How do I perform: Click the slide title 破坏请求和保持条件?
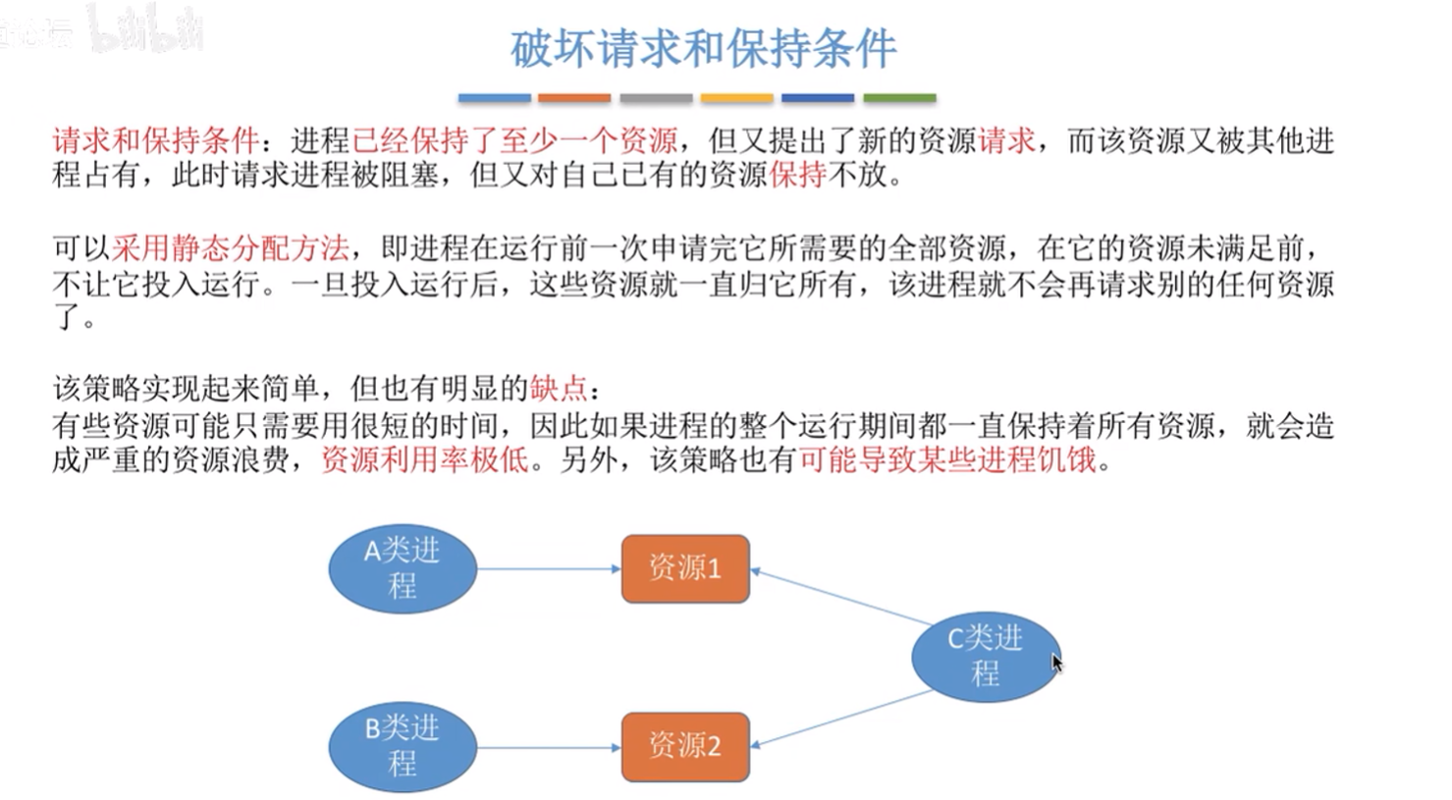[x=703, y=49]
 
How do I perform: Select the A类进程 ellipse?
[x=403, y=568]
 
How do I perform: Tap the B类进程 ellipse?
[x=403, y=747]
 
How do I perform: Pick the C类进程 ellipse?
[x=986, y=657]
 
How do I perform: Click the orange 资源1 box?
[x=685, y=568]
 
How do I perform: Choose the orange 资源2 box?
[x=685, y=747]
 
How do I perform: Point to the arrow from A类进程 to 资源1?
[x=549, y=569]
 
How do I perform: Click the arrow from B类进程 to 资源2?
[x=549, y=748]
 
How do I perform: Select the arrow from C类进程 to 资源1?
[x=841, y=597]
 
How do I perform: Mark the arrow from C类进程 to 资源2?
[x=841, y=719]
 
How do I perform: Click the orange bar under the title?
[x=574, y=98]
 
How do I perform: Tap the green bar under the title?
[x=899, y=98]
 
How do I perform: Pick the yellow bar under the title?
[x=737, y=98]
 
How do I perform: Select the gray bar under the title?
[x=656, y=98]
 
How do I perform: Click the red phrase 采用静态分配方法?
[x=231, y=247]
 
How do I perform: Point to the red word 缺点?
[x=559, y=389]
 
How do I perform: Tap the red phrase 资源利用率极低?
[x=425, y=460]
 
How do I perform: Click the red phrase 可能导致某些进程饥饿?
[x=948, y=460]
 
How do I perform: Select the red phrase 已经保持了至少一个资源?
[x=514, y=140]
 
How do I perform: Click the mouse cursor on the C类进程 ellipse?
[x=1056, y=664]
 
